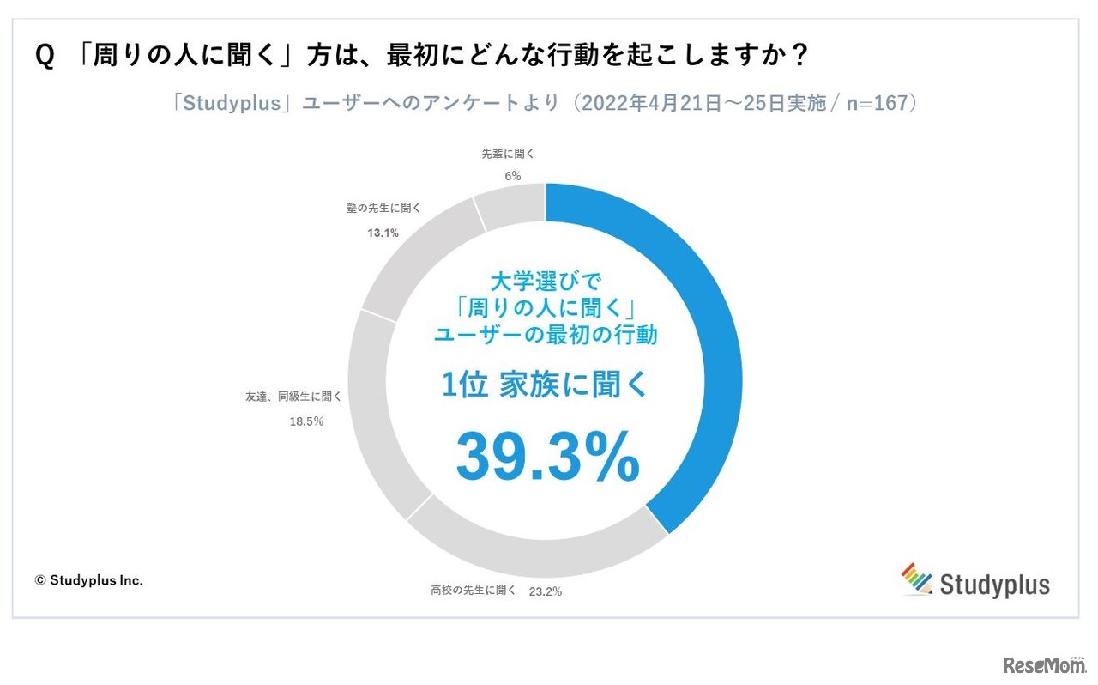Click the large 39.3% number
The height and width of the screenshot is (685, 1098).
tap(547, 456)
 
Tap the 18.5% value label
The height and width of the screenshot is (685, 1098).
tap(306, 421)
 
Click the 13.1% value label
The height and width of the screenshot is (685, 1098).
tap(382, 233)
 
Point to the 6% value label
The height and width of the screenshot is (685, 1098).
tap(512, 176)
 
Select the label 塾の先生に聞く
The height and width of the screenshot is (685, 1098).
tap(382, 209)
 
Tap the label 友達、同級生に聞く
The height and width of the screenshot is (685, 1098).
tap(293, 397)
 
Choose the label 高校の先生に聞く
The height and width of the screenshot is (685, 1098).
tap(474, 591)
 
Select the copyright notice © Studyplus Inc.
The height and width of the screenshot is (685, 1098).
tap(88, 580)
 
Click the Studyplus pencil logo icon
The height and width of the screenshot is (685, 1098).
tap(917, 579)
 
